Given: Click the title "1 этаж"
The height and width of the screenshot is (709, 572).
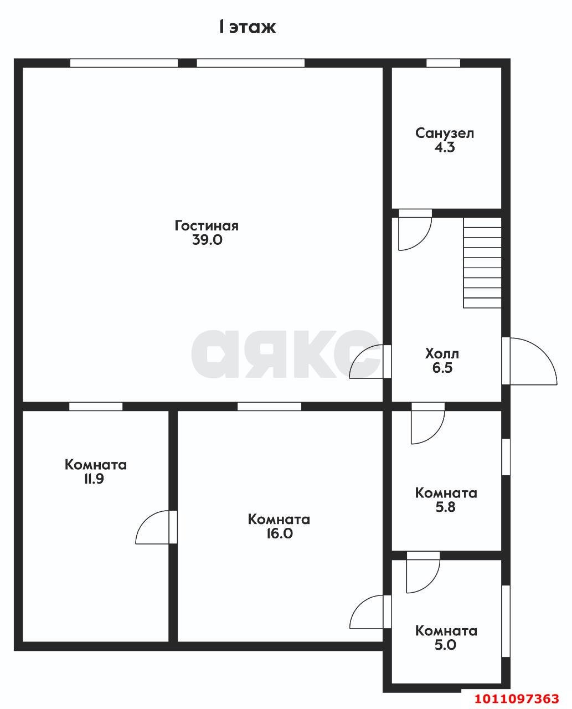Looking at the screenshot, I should point(246,27).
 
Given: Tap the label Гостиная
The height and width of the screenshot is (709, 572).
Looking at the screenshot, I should point(207,226).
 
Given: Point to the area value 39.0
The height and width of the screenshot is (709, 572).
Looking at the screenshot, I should point(207,240).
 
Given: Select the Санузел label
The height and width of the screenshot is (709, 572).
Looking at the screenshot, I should point(445,133).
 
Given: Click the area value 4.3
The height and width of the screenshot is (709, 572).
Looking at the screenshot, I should point(445,148).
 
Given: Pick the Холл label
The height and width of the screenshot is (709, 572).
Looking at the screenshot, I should point(442,353).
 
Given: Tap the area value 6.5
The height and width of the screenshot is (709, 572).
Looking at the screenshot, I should point(442,368).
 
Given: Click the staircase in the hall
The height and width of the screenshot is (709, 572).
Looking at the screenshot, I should point(482,263).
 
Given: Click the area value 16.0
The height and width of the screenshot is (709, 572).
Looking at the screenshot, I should point(279,534).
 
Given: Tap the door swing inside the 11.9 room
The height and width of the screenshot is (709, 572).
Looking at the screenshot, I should point(154,528).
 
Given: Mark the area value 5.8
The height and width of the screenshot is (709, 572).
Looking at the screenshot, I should point(446,507).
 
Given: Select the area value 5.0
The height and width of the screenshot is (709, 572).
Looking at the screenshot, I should point(446,645).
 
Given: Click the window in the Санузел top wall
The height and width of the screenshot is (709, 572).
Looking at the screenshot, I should point(443,63).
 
